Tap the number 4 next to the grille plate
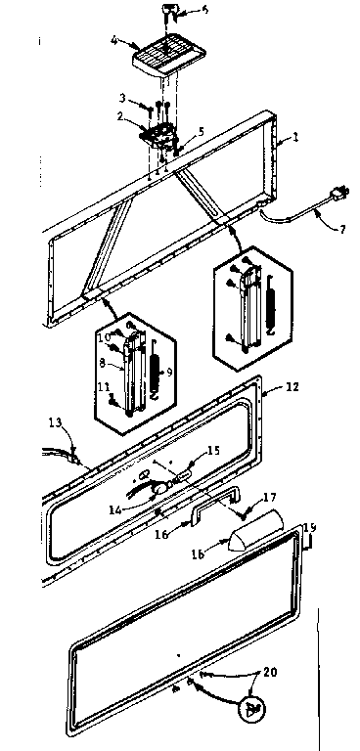pos(115,41)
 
